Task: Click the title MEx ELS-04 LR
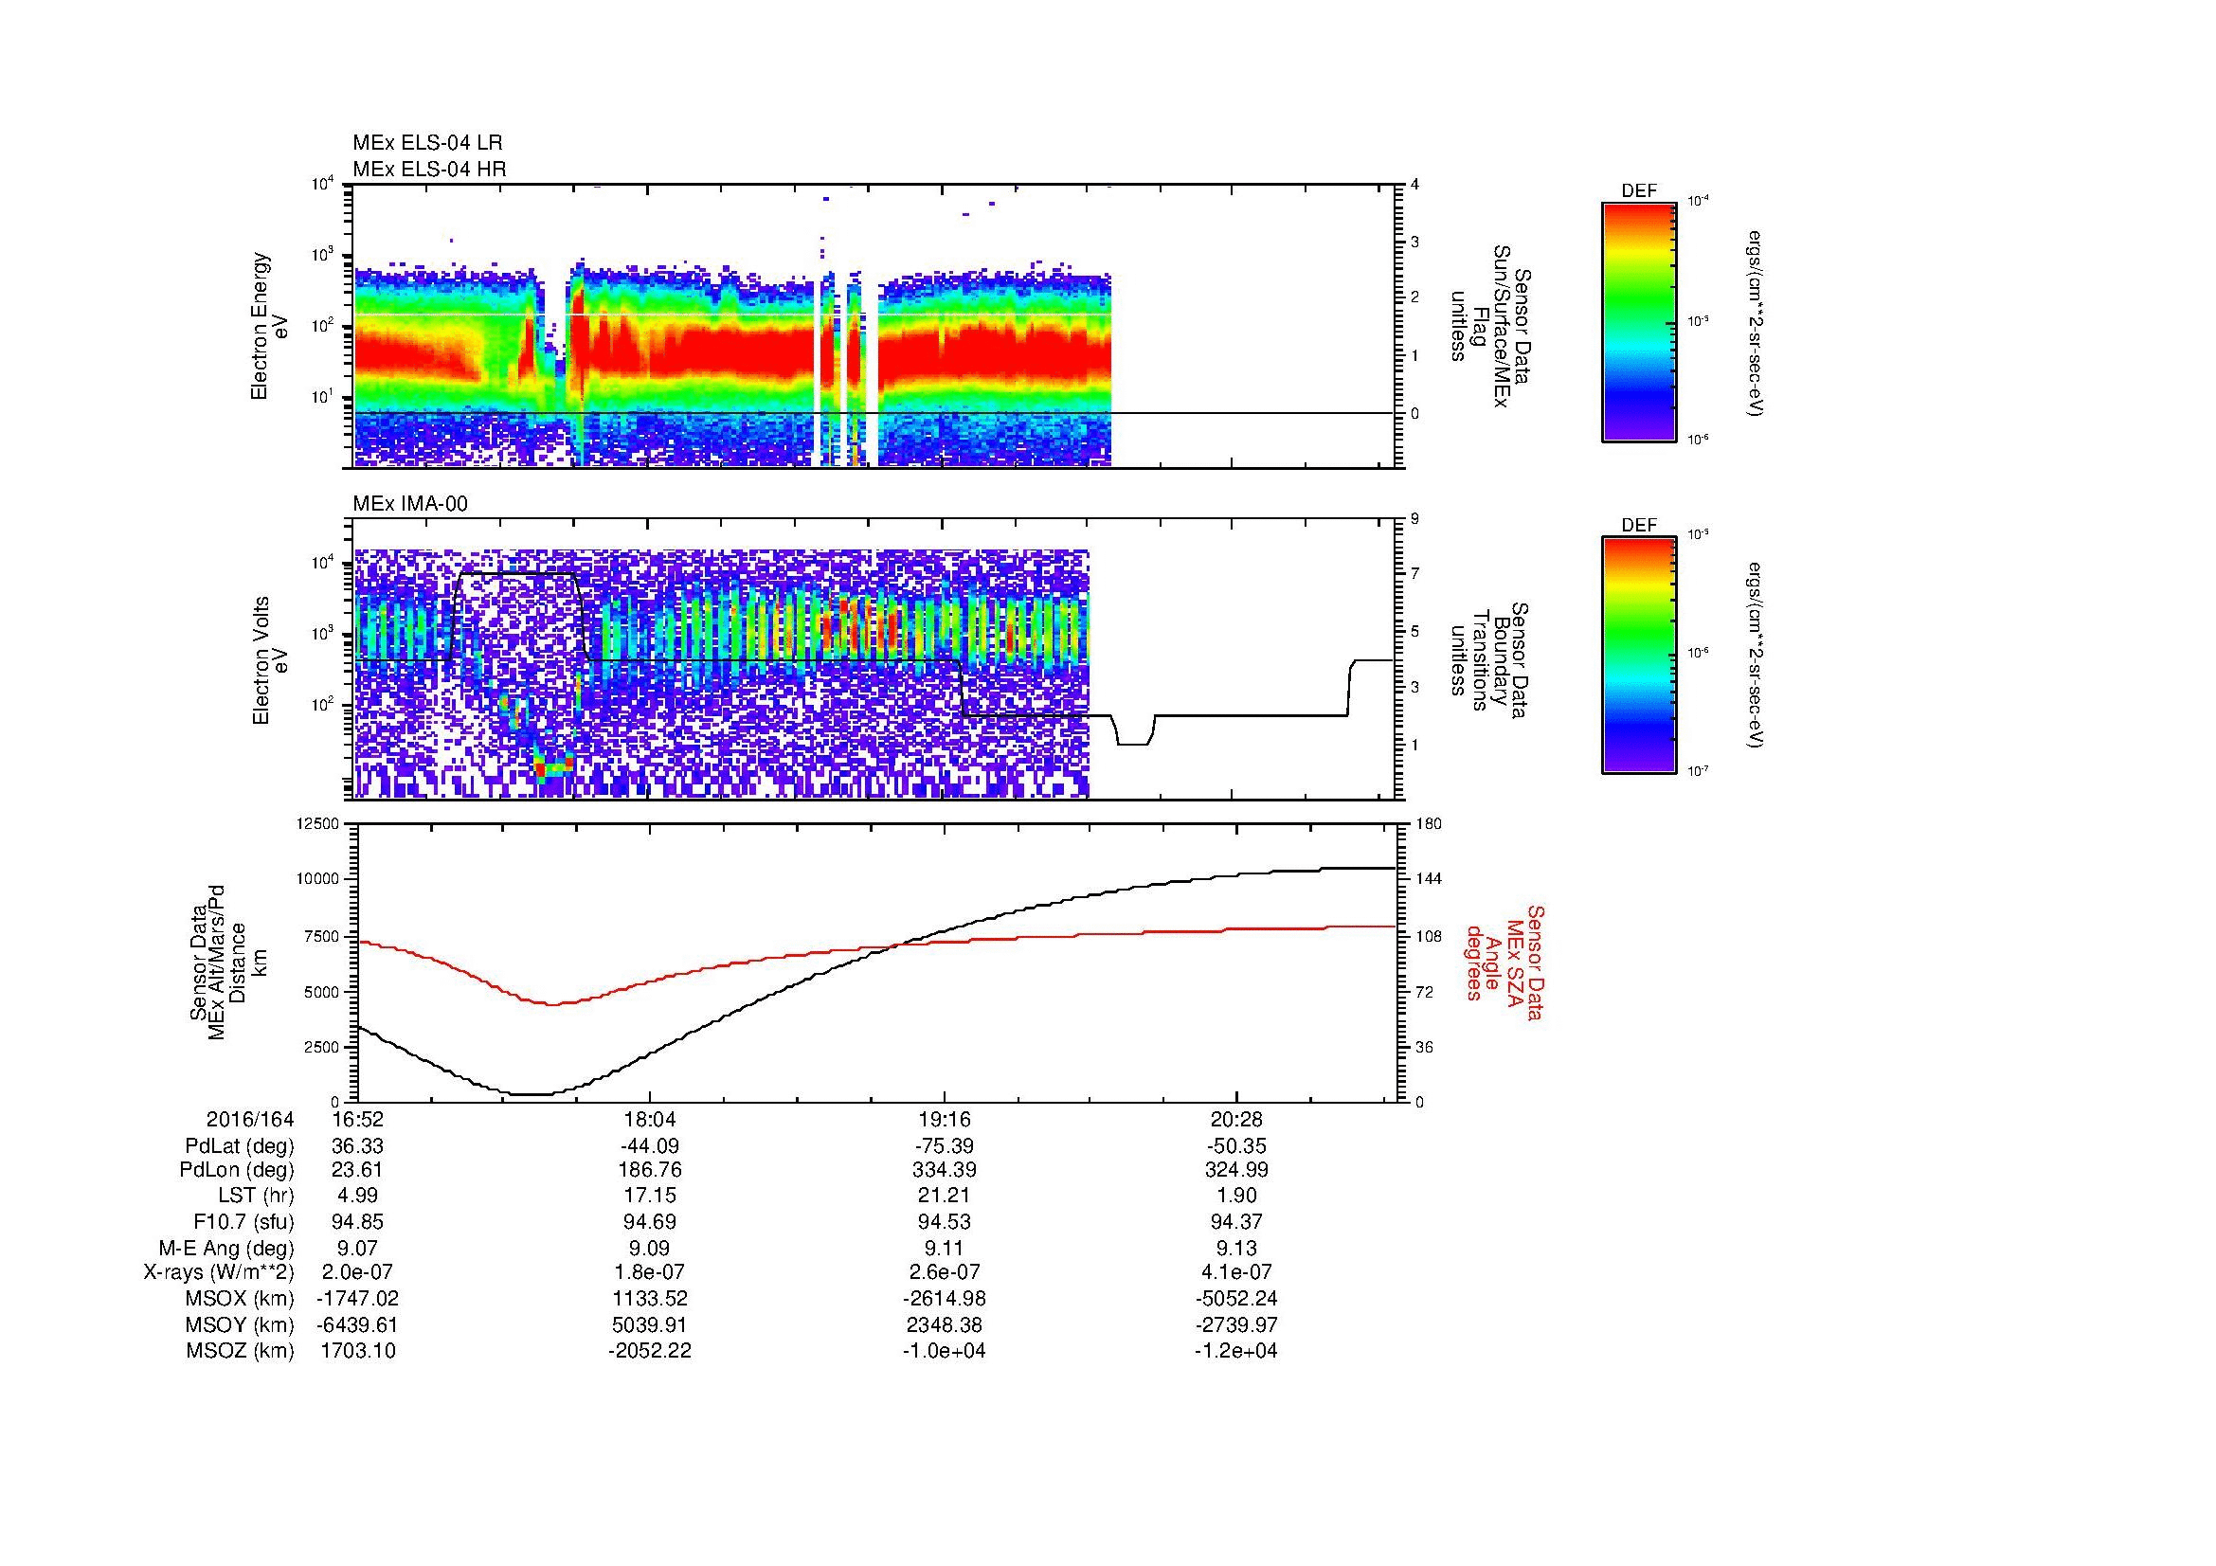[427, 143]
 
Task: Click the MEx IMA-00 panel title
[410, 504]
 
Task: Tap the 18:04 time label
[650, 1120]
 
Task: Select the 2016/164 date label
[250, 1120]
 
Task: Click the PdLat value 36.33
[358, 1146]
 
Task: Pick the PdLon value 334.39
[943, 1170]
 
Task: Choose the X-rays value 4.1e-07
[1236, 1272]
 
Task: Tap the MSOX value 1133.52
[650, 1299]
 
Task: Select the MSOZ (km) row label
[240, 1351]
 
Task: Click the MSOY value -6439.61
[358, 1324]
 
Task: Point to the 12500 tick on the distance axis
[317, 823]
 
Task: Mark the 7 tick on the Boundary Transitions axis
[1415, 574]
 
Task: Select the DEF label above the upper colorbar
[1639, 191]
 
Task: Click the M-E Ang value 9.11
[943, 1248]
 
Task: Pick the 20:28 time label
[1236, 1120]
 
